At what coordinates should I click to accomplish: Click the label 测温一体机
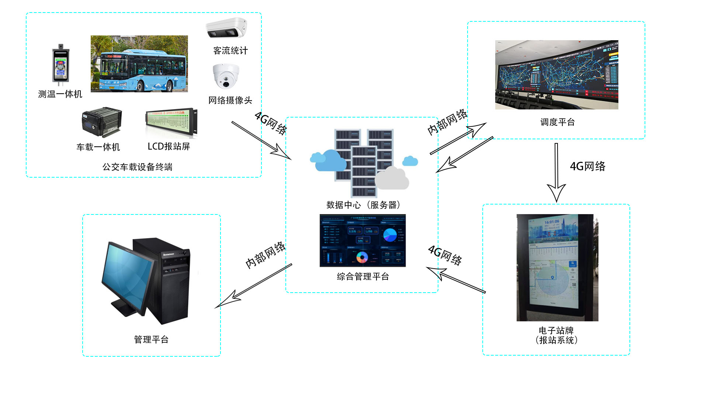pyautogui.click(x=60, y=94)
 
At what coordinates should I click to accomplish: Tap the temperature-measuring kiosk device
pyautogui.click(x=60, y=65)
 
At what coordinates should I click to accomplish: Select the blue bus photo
pyautogui.click(x=139, y=64)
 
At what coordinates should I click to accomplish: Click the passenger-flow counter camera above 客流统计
pyautogui.click(x=226, y=28)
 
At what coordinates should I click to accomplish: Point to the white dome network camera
pyautogui.click(x=226, y=76)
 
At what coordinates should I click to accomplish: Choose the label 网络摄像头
pyautogui.click(x=230, y=100)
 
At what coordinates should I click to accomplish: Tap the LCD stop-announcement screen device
pyautogui.click(x=171, y=123)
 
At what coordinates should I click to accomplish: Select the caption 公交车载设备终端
pyautogui.click(x=137, y=167)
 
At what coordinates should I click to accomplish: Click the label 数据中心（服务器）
pyautogui.click(x=363, y=205)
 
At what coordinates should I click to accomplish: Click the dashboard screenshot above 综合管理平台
pyautogui.click(x=362, y=240)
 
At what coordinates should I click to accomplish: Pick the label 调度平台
pyautogui.click(x=558, y=122)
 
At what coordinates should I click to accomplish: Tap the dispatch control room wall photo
pyautogui.click(x=556, y=74)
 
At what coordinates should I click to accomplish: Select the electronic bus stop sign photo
pyautogui.click(x=557, y=267)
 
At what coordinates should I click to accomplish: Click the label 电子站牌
pyautogui.click(x=556, y=330)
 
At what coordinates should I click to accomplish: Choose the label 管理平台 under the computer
pyautogui.click(x=151, y=339)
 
